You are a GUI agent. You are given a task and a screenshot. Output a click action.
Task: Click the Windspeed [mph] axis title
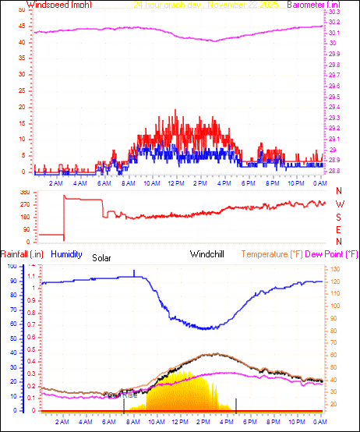click(59, 5)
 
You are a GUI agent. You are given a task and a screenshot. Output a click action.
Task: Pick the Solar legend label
click(102, 257)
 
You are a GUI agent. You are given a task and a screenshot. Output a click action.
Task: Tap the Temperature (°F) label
click(277, 253)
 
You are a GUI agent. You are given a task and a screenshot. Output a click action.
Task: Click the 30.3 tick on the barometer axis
click(334, 12)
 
